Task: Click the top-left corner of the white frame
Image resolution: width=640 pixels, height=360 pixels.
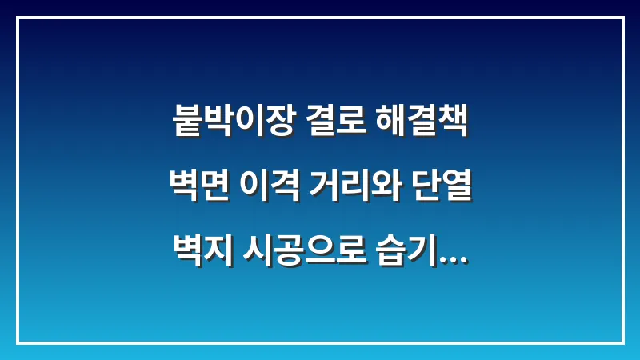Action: pos(18,18)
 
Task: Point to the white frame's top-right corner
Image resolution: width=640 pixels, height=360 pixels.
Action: pos(622,18)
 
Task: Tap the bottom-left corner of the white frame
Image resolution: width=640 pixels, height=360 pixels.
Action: pos(18,342)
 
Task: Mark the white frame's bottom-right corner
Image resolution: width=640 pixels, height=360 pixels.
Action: pos(622,342)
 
